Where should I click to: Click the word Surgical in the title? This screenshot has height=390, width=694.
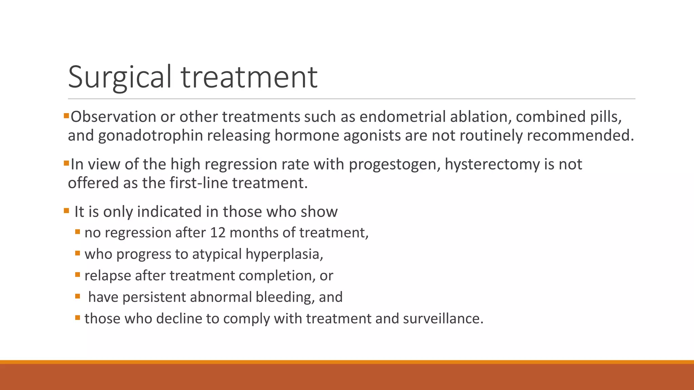tap(120, 77)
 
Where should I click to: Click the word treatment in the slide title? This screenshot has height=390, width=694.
tap(249, 77)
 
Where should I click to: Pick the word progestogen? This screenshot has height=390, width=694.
tap(394, 165)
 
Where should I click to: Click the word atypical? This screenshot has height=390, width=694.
tap(217, 254)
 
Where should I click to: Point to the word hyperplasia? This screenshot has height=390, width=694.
tap(284, 254)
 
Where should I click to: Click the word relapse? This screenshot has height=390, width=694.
tap(108, 276)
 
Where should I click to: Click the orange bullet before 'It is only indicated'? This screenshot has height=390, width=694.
tap(66, 211)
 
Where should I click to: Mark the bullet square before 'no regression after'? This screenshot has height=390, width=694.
tap(78, 232)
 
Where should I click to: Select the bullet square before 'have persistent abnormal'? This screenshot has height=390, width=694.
tap(78, 296)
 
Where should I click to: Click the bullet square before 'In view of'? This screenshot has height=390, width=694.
tap(66, 163)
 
